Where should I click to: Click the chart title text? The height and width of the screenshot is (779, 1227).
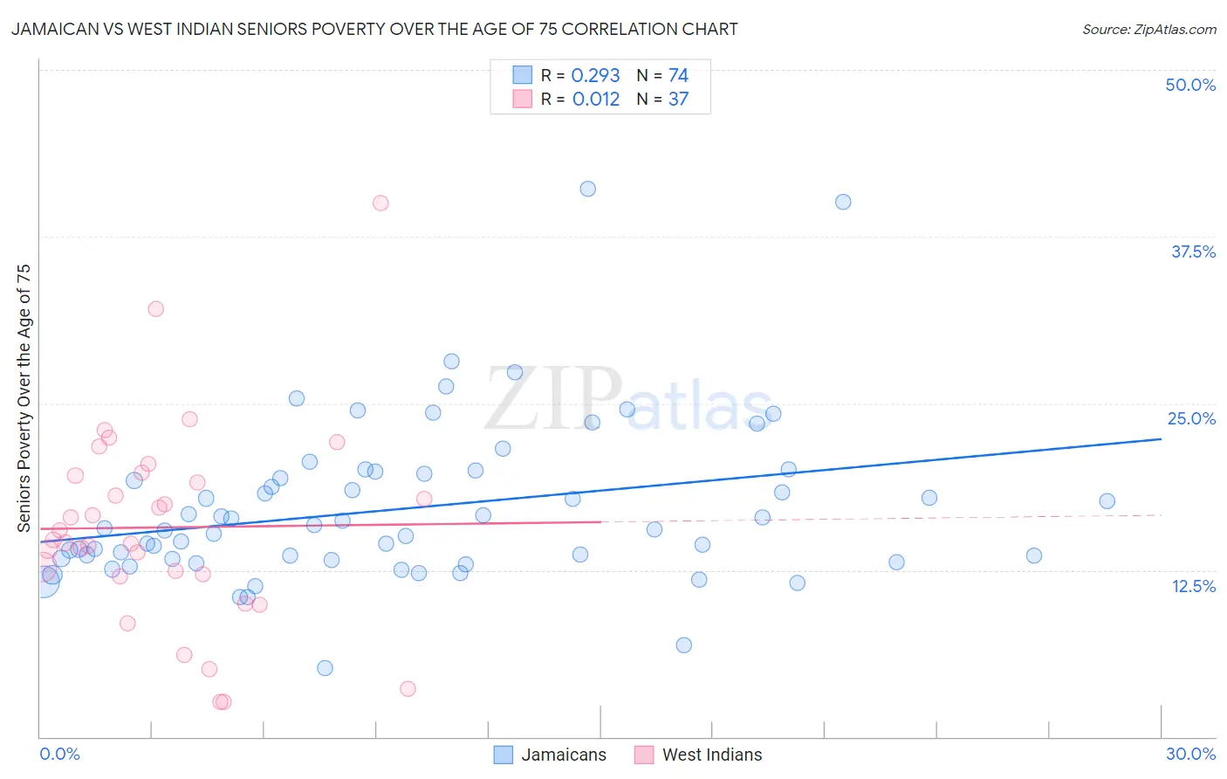[x=374, y=29]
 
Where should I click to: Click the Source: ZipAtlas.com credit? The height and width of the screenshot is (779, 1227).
[x=1148, y=29]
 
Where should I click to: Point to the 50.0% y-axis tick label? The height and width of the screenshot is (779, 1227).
[x=1190, y=85]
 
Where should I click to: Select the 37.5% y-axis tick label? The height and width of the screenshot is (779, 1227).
[x=1193, y=252]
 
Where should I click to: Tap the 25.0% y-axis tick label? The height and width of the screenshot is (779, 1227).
[x=1191, y=418]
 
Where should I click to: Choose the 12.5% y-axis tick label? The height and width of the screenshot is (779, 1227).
[x=1193, y=586]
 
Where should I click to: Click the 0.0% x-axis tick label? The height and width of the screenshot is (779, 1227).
[x=59, y=754]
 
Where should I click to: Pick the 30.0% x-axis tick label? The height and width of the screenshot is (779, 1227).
[x=1190, y=754]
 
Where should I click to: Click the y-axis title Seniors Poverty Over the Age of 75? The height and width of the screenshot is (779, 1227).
[x=24, y=397]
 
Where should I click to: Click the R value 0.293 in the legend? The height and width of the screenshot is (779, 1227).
[x=595, y=76]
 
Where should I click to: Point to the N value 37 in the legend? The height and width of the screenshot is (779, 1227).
[x=678, y=100]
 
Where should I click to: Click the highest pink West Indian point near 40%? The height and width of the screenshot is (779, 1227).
[x=380, y=203]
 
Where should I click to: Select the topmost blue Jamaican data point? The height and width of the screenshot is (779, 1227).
[x=588, y=189]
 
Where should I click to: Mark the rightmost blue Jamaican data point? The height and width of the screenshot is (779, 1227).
[x=1107, y=500]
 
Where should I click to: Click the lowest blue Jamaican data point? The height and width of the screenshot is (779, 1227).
[x=325, y=668]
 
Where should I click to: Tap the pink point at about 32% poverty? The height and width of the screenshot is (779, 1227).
[x=155, y=308]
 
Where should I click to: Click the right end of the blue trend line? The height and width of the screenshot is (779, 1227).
[x=1161, y=438]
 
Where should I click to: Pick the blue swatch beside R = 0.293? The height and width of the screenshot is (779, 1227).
[x=522, y=75]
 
